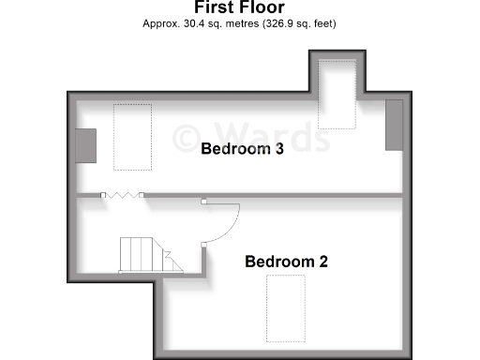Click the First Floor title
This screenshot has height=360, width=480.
pos(239,8)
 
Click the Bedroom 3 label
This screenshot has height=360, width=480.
pos(243,148)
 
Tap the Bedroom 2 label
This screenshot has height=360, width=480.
pos(286,262)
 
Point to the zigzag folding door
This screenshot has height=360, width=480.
pos(122,195)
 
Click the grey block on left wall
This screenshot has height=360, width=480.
pos(85,146)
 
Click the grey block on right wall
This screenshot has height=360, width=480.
pos(395,123)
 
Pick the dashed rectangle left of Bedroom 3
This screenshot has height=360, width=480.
pos(132,137)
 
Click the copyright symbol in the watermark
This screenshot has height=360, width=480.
pos(187,136)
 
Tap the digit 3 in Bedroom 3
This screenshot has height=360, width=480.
pos(279,148)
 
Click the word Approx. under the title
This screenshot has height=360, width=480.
pos(159,23)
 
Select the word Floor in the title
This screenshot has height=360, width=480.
pos(262,8)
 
